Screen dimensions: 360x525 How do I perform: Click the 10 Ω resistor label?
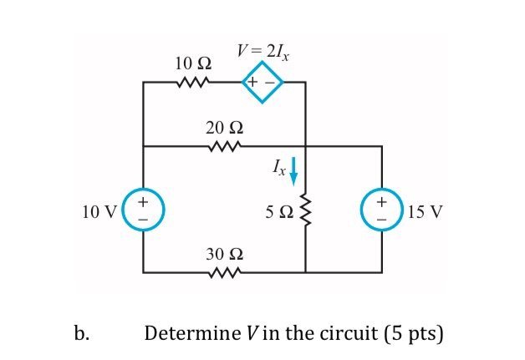point(193,63)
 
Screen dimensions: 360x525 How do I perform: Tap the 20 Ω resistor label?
point(224,128)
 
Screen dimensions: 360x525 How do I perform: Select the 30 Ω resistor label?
point(224,254)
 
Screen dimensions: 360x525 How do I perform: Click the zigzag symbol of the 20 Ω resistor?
point(224,147)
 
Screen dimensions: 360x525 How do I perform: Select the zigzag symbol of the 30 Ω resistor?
point(224,272)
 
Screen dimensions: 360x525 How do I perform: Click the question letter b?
point(80,334)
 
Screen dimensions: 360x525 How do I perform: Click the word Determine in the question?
point(189,334)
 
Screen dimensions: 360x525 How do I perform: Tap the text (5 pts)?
point(414,334)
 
